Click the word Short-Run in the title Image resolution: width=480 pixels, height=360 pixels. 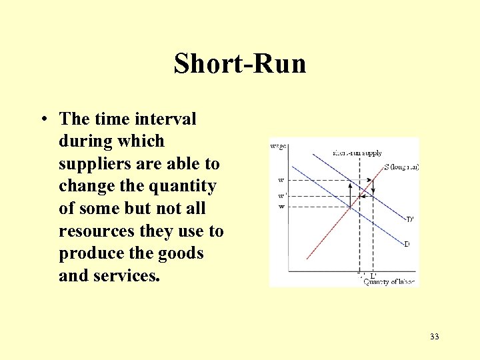(240, 64)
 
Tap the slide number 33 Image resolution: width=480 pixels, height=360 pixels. (435, 337)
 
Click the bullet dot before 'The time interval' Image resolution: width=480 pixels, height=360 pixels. (42, 119)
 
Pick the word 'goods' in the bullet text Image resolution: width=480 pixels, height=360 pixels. (180, 253)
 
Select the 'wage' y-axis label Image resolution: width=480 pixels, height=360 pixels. (278, 146)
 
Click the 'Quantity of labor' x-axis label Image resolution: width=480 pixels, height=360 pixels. (389, 281)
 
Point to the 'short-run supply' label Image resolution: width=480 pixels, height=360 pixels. (357, 153)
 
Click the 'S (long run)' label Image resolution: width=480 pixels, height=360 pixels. (401, 167)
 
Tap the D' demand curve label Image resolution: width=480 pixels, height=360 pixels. (409, 219)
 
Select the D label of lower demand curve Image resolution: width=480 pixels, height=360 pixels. (407, 244)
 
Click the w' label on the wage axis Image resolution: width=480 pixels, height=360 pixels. (282, 195)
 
